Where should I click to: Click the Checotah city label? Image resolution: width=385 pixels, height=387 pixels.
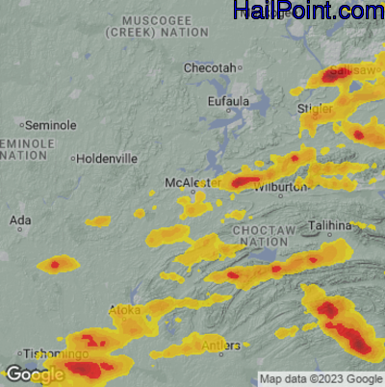(210, 68)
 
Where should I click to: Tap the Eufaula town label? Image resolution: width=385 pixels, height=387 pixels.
(228, 100)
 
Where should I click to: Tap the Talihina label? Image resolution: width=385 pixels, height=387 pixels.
(331, 225)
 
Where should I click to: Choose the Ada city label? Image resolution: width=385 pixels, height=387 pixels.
(19, 220)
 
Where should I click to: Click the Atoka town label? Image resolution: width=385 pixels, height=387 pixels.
(125, 310)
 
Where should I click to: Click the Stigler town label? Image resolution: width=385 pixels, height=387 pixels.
(317, 109)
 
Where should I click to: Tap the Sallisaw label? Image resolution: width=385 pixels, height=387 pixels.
(351, 72)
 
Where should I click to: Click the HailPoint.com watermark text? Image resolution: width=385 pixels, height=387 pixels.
(308, 12)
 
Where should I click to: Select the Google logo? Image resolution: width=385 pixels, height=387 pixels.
(35, 374)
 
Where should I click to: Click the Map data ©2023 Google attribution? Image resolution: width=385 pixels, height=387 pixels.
(321, 378)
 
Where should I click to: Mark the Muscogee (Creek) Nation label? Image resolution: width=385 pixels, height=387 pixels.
(165, 25)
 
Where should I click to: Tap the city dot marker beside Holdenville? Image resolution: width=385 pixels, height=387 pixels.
(72, 158)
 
